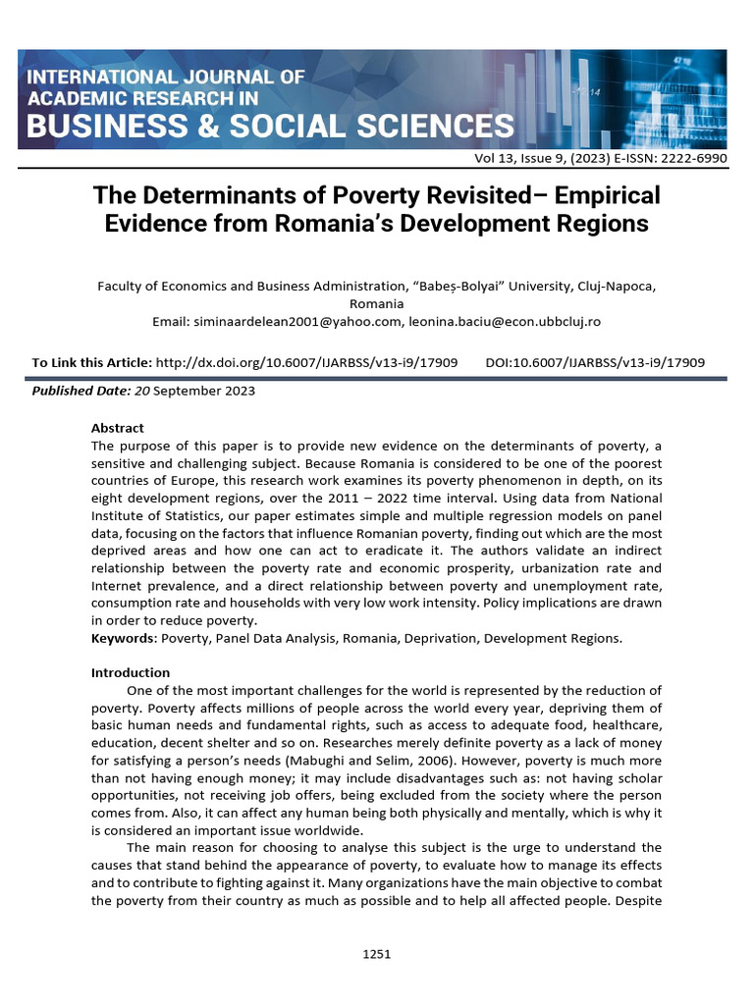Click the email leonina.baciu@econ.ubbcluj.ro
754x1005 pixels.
[506, 321]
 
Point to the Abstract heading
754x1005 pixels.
[117, 428]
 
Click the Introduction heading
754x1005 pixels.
[131, 672]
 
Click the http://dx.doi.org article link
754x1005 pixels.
[307, 363]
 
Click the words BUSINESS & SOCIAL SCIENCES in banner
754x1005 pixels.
[270, 127]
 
